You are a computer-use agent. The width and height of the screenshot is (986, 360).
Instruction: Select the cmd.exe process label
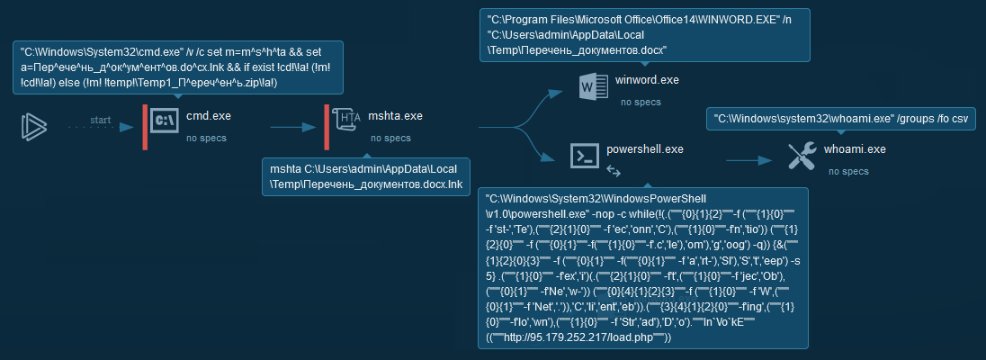tap(208, 116)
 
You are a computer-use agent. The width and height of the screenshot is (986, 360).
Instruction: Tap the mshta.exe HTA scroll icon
tap(346, 121)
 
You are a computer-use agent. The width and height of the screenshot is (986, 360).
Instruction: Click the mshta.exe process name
tap(396, 116)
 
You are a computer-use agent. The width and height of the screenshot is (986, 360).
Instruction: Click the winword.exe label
tap(647, 81)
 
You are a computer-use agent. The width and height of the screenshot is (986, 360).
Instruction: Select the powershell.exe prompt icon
tap(583, 156)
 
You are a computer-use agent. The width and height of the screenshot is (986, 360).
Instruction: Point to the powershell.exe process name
tap(644, 148)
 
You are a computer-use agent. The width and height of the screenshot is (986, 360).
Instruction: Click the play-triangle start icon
tap(34, 127)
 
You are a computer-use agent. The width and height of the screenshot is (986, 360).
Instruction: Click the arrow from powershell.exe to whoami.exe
tap(748, 161)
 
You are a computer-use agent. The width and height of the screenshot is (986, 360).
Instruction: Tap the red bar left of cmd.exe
tap(144, 127)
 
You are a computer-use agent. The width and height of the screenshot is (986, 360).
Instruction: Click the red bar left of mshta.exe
tap(327, 127)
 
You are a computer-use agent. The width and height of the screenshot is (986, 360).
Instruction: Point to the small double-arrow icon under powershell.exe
tap(614, 169)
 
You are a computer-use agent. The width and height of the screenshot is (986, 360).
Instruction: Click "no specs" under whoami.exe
tap(848, 171)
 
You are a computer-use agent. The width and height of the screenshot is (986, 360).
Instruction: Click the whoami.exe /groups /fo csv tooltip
tap(839, 118)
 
